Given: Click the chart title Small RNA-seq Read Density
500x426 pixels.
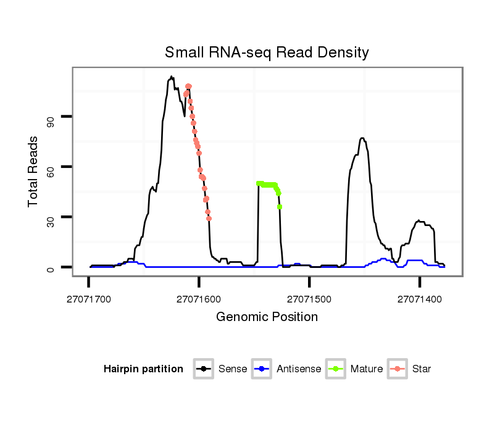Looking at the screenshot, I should [x=267, y=52].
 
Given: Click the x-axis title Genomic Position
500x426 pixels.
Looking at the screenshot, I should [x=267, y=317].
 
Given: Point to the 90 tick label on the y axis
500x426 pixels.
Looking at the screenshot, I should [x=51, y=117].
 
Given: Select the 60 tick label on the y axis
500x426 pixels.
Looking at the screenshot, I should [x=51, y=167].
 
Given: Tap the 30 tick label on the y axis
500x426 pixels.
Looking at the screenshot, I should [x=51, y=217].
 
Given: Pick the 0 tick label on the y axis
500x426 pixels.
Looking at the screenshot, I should [x=51, y=267].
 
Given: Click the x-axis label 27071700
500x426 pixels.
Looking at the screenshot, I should [x=88, y=299].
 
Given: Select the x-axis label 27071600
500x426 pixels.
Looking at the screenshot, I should [x=199, y=299].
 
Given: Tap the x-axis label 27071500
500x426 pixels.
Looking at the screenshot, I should [x=309, y=299].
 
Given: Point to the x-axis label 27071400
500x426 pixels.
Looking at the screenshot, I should [x=420, y=299].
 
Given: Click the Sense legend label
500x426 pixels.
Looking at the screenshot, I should [x=233, y=369].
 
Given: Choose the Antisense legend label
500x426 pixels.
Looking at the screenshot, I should [x=299, y=369].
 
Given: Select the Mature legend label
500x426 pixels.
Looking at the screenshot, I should [x=367, y=369].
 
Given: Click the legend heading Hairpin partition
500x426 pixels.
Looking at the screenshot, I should [x=143, y=369].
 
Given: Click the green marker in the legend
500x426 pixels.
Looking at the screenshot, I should [x=335, y=369].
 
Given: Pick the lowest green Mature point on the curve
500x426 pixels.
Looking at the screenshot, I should [x=280, y=207].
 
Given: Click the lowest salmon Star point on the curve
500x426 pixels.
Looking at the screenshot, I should [x=209, y=218].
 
